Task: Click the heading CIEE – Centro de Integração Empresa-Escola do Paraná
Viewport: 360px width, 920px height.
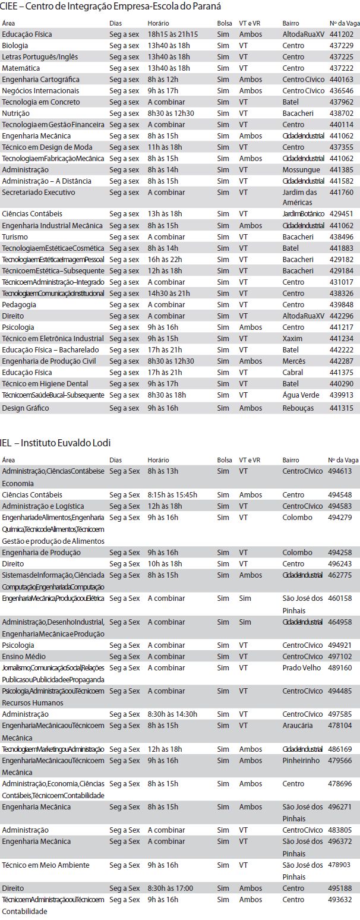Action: pos(110,7)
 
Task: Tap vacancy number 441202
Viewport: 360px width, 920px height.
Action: pos(341,34)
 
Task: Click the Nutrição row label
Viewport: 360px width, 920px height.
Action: pos(16,113)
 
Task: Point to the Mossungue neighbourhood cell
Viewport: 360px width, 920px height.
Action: pos(301,169)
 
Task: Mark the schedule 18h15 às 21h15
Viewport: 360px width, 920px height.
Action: pos(173,34)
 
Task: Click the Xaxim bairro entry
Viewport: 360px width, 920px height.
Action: pos(292,338)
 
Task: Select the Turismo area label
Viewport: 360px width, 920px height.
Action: pos(15,237)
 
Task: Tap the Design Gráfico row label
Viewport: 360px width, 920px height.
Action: pos(25,408)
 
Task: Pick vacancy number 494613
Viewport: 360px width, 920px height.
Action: pos(340,471)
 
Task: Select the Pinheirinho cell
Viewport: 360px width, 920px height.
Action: pos(301,760)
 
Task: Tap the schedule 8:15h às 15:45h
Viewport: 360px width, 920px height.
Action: pos(172,494)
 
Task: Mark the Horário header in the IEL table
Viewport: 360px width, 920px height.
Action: pos(158,460)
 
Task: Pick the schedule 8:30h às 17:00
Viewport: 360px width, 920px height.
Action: pos(170,888)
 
